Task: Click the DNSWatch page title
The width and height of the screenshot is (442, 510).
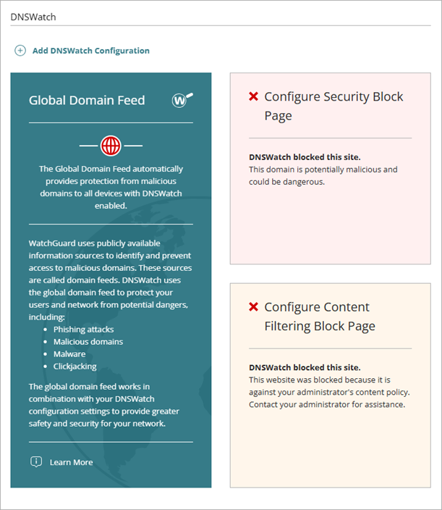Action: coord(33,17)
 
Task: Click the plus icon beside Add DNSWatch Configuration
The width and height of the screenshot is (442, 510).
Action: coord(20,51)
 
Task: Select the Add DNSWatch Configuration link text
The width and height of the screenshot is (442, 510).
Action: coord(90,51)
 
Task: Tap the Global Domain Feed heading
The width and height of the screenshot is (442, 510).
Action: coord(87,101)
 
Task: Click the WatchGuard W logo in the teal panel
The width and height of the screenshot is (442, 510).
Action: coord(182,100)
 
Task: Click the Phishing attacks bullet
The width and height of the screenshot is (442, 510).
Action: coord(83,329)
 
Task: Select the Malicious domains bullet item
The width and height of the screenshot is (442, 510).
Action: coord(88,341)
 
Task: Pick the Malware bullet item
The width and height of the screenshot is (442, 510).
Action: coord(69,354)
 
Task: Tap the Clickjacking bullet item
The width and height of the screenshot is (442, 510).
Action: coord(75,366)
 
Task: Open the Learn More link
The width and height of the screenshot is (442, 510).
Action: coord(71,462)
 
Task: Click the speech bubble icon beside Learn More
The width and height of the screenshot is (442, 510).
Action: coord(36,461)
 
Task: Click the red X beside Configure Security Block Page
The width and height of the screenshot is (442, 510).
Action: coord(253,96)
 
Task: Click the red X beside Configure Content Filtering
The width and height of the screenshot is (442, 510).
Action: coord(253,307)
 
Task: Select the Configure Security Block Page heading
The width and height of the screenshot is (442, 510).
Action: coord(333,106)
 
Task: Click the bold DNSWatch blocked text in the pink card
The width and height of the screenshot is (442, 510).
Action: coord(305,156)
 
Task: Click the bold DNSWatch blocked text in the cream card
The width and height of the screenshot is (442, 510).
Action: coord(305,367)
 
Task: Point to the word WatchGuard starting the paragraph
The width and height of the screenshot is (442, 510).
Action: coord(53,243)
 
